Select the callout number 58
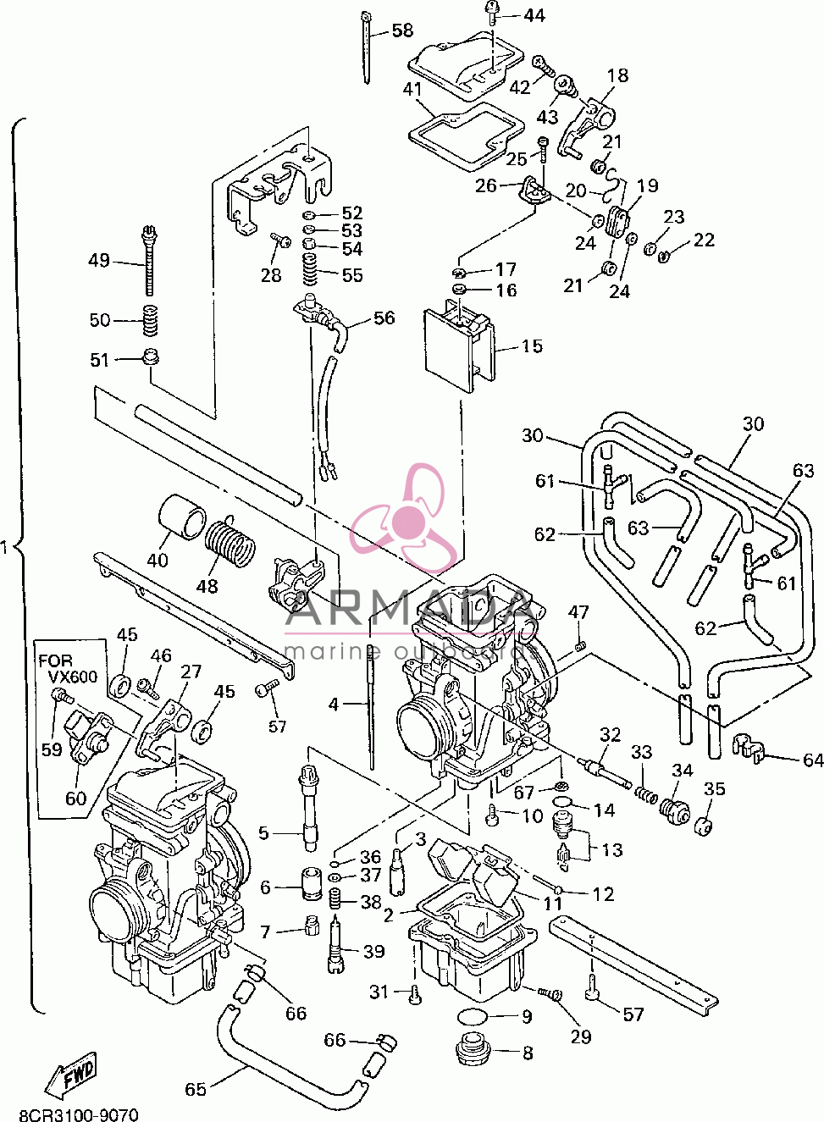pos(401,31)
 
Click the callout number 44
pos(534,16)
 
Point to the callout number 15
pos(532,345)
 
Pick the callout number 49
pos(99,261)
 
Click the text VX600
pos(73,677)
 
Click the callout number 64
pos(812,760)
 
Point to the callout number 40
pos(158,560)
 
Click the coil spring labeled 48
pos(230,544)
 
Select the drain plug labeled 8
pos(474,1051)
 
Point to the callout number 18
pos(618,75)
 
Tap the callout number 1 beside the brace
pos(4,548)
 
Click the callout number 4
pos(334,705)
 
